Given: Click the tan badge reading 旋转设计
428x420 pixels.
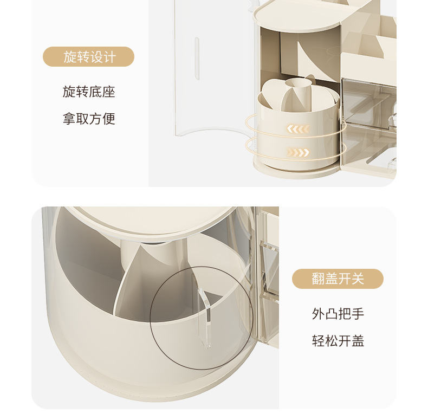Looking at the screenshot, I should (x=88, y=57).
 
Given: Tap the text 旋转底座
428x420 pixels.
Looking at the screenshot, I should (x=89, y=92).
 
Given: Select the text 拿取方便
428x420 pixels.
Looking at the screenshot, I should (x=89, y=119).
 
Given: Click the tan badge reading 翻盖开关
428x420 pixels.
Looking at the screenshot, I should (x=338, y=279).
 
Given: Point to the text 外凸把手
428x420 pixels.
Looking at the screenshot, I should (x=338, y=314).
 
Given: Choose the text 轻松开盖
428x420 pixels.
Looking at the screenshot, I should (x=338, y=341).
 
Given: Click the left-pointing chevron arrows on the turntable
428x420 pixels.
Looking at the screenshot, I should (x=298, y=129).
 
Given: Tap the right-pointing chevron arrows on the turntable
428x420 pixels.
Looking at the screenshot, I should (x=298, y=152).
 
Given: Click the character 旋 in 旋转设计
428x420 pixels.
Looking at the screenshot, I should (x=70, y=57).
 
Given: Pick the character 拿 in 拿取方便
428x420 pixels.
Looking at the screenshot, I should (x=69, y=119).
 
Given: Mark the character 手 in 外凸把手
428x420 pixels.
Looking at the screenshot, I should (x=358, y=314).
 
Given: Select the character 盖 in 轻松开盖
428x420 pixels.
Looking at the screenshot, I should (x=358, y=341).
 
